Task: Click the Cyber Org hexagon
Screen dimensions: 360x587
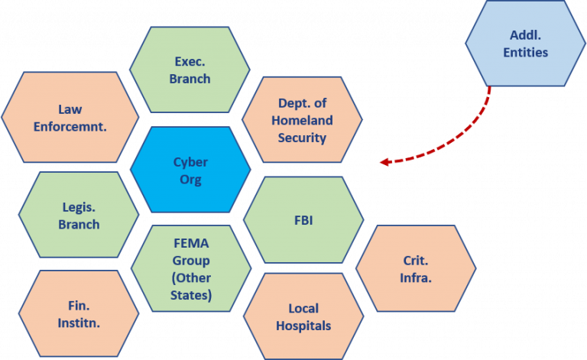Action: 190,170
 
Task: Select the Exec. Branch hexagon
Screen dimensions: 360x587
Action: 190,70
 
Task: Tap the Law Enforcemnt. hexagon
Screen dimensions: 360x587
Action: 70,118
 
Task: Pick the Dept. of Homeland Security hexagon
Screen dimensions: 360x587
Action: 302,120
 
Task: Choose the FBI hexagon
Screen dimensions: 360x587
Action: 303,221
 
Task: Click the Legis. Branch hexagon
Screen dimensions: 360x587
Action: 79,215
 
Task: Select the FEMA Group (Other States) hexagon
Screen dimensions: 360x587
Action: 191,268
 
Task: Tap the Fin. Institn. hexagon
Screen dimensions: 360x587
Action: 79,313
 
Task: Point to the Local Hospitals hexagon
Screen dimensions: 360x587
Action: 303,317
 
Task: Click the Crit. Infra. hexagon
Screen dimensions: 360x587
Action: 415,269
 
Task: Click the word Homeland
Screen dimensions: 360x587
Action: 302,121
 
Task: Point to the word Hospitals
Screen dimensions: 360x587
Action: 303,326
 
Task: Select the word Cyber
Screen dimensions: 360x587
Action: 190,162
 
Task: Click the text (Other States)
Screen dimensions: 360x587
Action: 191,286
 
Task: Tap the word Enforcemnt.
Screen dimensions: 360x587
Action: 70,126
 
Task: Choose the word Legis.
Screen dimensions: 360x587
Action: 79,206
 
